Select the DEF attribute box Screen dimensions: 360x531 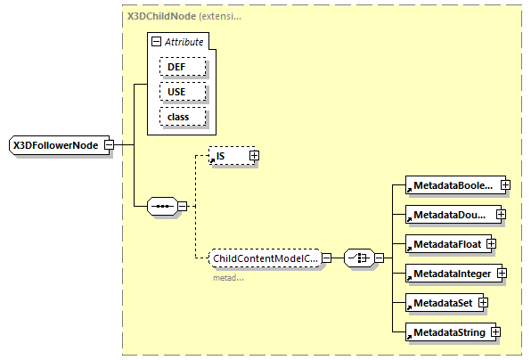click(183, 67)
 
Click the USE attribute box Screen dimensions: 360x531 click(183, 92)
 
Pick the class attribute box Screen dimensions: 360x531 click(183, 116)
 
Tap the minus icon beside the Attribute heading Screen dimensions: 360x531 click(157, 42)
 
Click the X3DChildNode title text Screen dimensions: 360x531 click(160, 17)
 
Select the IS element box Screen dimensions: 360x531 click(227, 156)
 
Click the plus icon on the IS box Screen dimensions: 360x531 click(254, 156)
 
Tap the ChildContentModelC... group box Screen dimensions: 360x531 click(264, 258)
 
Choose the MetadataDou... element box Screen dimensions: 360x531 click(448, 215)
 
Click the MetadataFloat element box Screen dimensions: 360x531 click(444, 243)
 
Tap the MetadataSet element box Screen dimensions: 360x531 click(440, 302)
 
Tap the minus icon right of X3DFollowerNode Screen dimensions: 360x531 click(109, 144)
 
